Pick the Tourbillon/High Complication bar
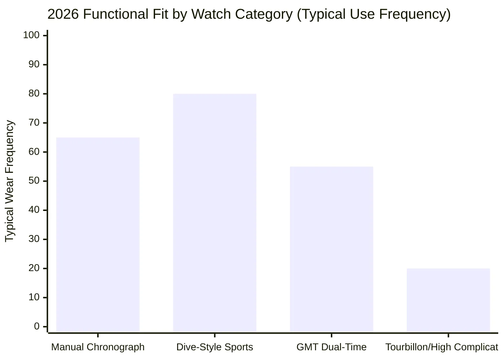(x=448, y=300)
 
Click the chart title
(x=249, y=14)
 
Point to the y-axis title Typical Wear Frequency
(x=10, y=181)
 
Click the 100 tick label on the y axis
(x=31, y=35)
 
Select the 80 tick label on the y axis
(x=34, y=94)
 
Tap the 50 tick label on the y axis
(x=34, y=181)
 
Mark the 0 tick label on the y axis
(x=37, y=327)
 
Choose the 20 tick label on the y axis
(x=34, y=268)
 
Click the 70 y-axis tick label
(x=34, y=123)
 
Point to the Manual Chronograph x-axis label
(x=98, y=347)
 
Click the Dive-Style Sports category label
(x=215, y=347)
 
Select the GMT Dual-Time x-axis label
(x=331, y=347)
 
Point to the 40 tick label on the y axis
(x=34, y=210)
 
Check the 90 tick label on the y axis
(x=34, y=64)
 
